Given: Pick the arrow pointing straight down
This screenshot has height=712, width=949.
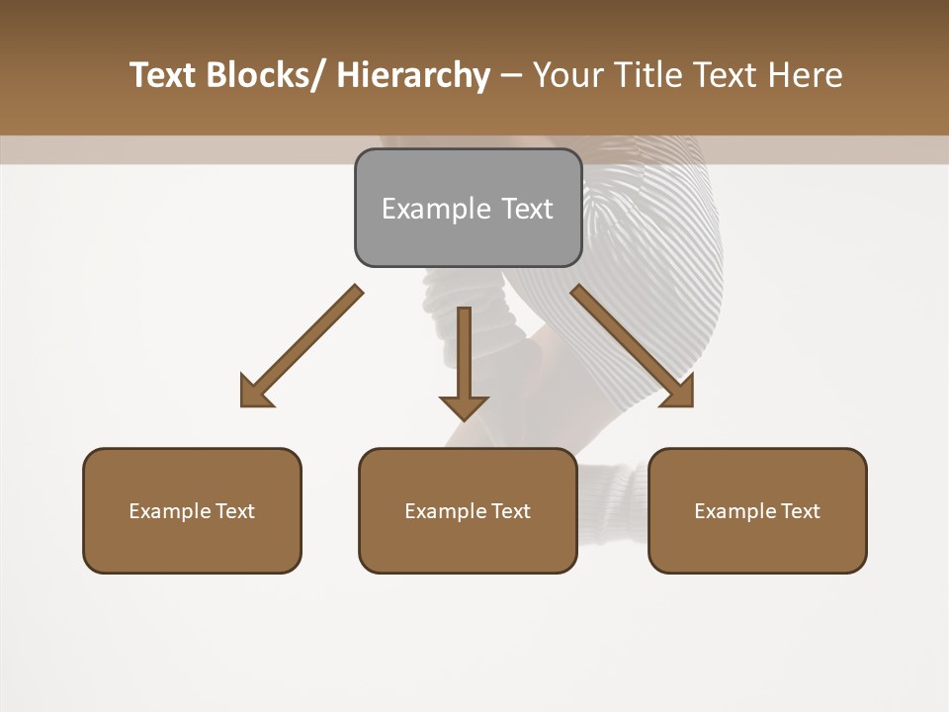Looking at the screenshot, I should [464, 356].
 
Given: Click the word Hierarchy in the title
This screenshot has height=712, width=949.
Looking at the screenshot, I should [413, 75].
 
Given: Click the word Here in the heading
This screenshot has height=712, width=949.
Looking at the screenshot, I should [806, 75].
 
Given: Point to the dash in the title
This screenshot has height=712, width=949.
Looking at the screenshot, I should [511, 75].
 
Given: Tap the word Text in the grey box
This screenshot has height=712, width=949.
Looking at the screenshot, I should [527, 209].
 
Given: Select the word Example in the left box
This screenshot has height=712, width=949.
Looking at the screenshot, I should [170, 511].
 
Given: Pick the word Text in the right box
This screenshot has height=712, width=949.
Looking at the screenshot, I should [801, 511].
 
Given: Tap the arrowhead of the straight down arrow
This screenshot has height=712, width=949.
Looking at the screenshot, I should [464, 405].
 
